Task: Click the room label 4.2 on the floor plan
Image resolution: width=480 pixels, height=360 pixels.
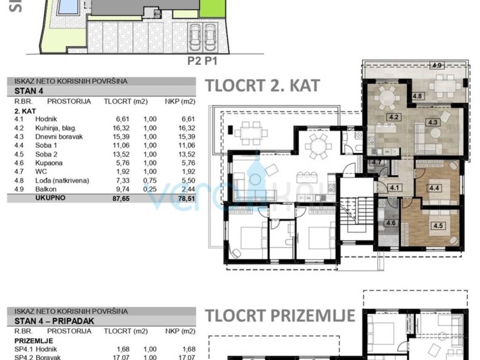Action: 394,117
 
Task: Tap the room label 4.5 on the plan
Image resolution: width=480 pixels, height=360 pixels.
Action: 438,226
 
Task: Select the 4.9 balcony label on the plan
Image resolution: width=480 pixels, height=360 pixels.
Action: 437,65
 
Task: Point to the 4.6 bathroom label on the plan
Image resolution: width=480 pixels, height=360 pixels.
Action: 391,223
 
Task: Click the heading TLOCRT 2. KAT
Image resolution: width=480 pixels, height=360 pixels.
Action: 262,85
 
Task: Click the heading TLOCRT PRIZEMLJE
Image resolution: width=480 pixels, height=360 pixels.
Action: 280,315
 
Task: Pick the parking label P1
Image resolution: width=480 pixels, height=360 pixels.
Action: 211,61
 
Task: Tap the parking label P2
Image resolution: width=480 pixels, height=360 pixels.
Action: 195,61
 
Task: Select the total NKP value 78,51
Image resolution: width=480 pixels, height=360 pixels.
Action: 187,198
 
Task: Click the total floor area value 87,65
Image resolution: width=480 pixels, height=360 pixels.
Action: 121,198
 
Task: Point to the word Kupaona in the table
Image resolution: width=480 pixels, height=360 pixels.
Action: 49,163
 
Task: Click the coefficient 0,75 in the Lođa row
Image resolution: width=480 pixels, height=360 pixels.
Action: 150,180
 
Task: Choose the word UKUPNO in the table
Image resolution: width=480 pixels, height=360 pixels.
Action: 50,198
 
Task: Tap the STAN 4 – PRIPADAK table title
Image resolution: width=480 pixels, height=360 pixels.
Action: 54,321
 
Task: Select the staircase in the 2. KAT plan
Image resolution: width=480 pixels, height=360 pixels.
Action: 357,211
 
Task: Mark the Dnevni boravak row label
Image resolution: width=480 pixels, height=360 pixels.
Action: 59,137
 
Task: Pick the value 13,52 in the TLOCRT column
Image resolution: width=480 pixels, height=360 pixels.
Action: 121,154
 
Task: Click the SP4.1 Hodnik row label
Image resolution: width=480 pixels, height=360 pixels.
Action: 36,349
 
